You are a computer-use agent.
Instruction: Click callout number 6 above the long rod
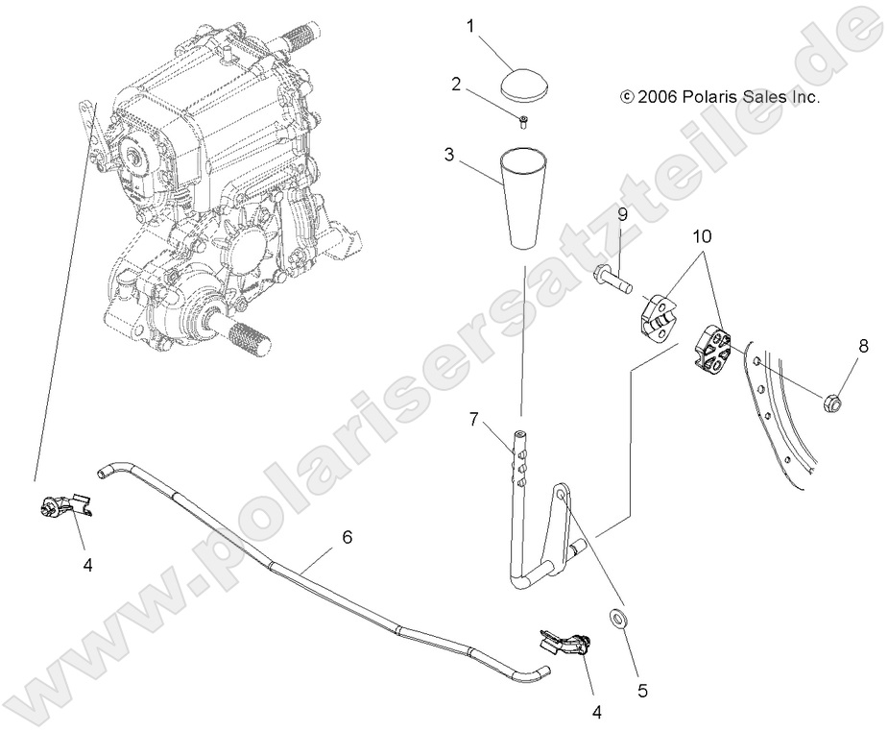click(348, 537)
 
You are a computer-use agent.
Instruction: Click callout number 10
click(703, 234)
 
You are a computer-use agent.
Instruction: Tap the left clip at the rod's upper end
click(62, 505)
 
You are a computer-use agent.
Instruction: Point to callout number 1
click(471, 27)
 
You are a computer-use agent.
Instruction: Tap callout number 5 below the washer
click(643, 689)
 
